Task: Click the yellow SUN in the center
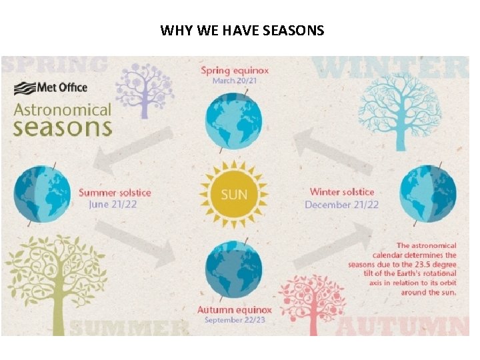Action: click(233, 195)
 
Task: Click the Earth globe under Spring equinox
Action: click(233, 122)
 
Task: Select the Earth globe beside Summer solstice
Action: click(41, 194)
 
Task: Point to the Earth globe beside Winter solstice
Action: click(427, 193)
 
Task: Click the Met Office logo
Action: click(51, 87)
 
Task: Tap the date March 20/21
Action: click(234, 81)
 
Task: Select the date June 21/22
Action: click(113, 205)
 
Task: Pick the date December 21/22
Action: click(341, 205)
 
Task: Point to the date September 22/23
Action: click(234, 321)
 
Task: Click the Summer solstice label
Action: click(115, 193)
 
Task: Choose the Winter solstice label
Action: click(342, 192)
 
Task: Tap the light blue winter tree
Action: click(390, 110)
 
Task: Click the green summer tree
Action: click(54, 273)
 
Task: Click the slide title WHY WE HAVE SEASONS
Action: click(242, 30)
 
